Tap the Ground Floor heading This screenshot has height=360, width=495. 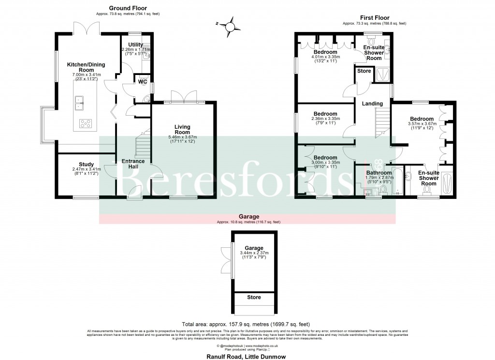tap(128, 8)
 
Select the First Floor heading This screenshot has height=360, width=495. tap(374, 17)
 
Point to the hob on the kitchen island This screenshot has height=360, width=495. tap(86, 123)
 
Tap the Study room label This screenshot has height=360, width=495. tap(86, 165)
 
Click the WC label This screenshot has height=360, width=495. tap(142, 82)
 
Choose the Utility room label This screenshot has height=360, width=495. tap(136, 45)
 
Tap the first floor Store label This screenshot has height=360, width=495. tap(364, 71)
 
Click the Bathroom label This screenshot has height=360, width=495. tap(379, 173)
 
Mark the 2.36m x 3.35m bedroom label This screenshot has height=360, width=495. tap(325, 114)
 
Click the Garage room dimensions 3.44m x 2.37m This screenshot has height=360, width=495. tap(254, 253)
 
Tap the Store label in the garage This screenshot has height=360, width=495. tap(254, 298)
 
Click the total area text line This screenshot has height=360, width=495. tap(246, 324)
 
